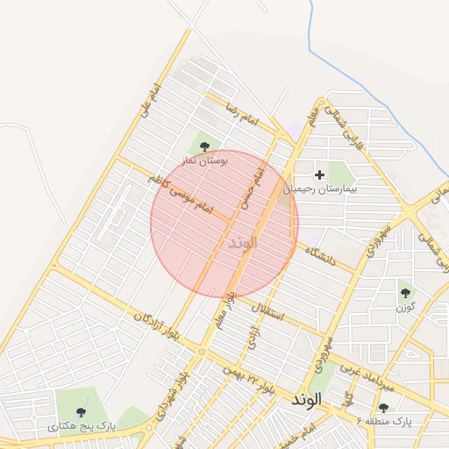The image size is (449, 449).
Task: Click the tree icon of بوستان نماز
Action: pos(205,146)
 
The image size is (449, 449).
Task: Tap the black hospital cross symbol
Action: pos(319,175)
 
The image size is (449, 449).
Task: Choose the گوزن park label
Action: pos(404,307)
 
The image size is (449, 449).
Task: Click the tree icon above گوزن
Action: pos(404,292)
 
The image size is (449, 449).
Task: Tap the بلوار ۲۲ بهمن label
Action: pos(242,377)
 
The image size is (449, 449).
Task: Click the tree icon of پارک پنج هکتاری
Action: pos(82,411)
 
